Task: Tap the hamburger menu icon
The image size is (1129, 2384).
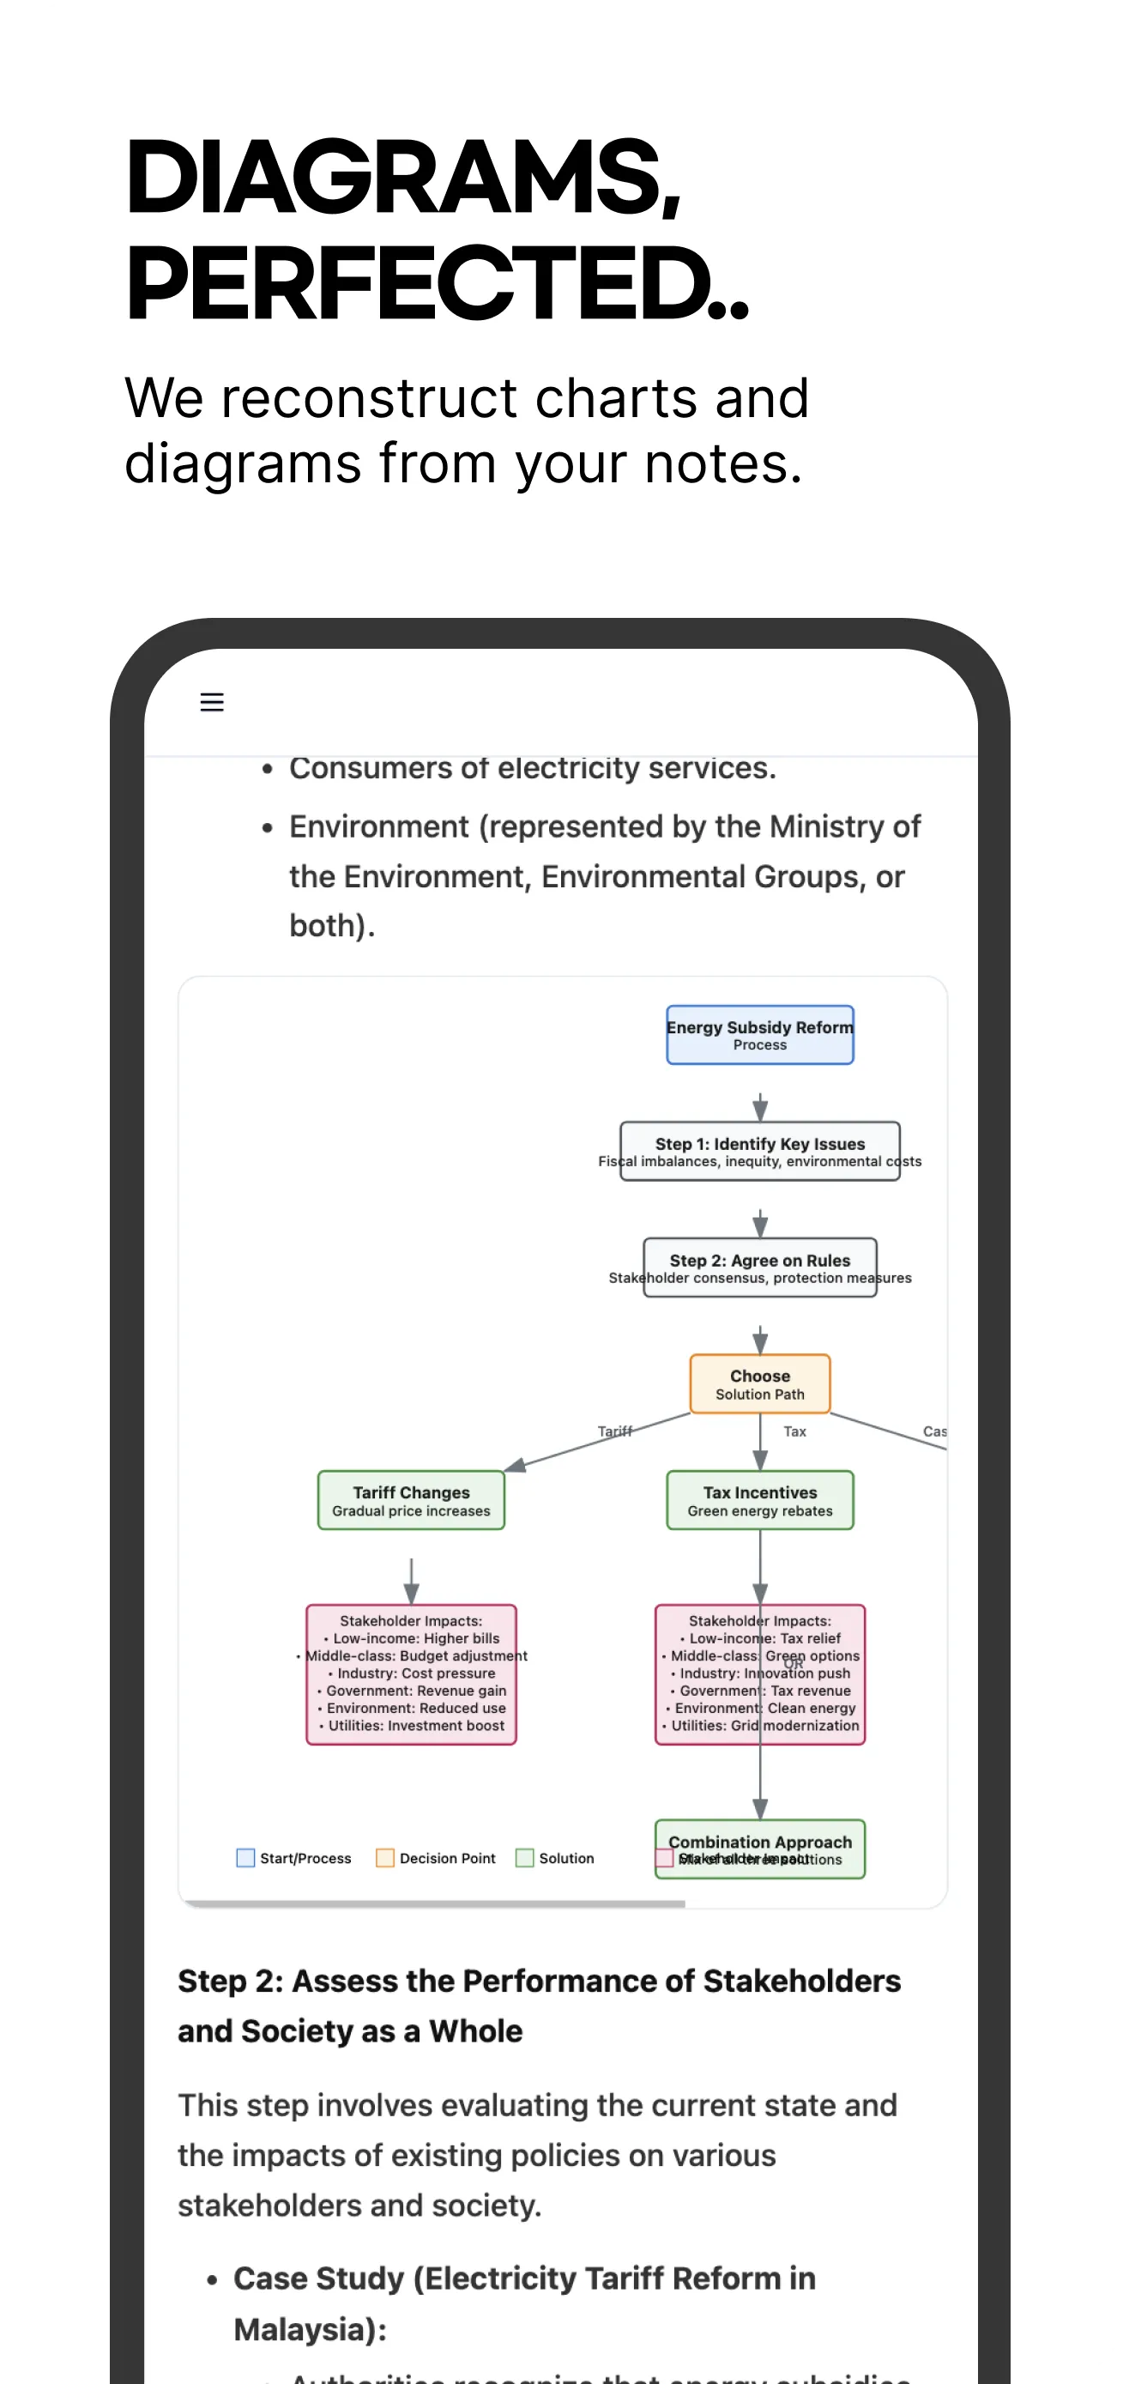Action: coord(212,703)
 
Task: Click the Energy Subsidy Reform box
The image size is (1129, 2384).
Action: coord(760,1035)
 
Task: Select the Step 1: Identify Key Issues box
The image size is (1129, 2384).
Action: coord(760,1152)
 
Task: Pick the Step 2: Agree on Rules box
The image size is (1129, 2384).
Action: coord(760,1268)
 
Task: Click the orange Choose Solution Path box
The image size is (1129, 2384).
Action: coord(760,1384)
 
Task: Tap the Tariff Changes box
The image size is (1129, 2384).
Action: coord(411,1500)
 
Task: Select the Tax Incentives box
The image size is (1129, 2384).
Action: coord(760,1500)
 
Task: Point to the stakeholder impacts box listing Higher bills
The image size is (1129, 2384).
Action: coord(411,1674)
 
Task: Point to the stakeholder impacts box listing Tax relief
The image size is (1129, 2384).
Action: coord(760,1674)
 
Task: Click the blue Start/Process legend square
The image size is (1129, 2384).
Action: coord(245,1858)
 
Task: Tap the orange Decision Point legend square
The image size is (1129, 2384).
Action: coord(385,1858)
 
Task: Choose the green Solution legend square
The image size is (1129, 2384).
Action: coord(525,1858)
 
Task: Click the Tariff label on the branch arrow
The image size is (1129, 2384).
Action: coord(614,1431)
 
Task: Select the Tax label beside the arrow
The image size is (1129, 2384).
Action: coord(795,1431)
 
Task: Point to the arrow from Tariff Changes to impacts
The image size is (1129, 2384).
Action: coord(411,1580)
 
